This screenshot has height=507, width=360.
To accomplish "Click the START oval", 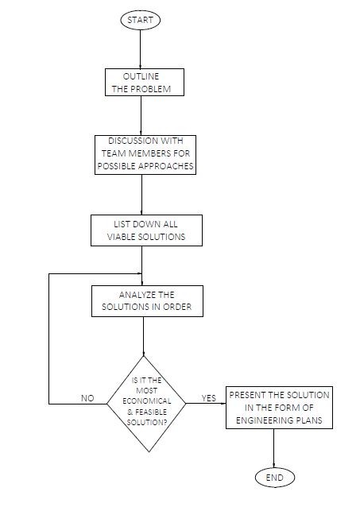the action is point(141,20).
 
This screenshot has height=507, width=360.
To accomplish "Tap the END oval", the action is point(275,478).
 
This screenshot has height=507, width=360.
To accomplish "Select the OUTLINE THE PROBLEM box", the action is point(145,82).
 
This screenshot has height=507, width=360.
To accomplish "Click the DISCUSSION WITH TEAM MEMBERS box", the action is point(145,155).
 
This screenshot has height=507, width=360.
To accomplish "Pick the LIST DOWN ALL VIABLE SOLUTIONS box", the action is point(146,230).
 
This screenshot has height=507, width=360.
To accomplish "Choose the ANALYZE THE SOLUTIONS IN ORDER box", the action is point(147,301).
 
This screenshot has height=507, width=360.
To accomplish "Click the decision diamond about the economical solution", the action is point(146,404).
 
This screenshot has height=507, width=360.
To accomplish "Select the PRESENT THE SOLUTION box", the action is point(279,408).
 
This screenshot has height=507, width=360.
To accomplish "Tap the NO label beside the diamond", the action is point(87,398).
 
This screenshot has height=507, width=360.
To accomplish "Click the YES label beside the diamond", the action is point(209,398).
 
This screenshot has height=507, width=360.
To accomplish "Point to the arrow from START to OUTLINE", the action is point(141,49).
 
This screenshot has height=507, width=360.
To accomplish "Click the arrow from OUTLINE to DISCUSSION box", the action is point(141,115).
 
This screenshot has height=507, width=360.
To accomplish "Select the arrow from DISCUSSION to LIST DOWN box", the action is point(141,195).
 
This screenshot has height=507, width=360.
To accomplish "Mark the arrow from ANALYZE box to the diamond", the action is point(144,336).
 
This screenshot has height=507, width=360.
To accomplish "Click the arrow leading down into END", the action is point(274,448).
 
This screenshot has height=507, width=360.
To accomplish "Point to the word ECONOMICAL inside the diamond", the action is point(147,401).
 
